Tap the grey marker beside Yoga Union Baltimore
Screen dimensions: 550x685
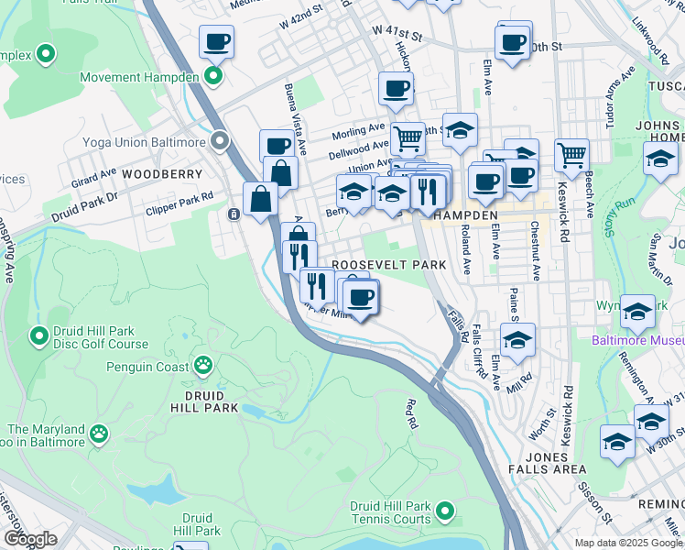[220, 142]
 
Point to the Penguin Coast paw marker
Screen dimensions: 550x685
[203, 366]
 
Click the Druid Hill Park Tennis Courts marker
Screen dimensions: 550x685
[445, 510]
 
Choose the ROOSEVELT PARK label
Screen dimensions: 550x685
[389, 264]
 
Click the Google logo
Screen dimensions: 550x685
[30, 539]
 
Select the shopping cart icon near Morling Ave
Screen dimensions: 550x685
[408, 139]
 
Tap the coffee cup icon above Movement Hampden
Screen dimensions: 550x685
[216, 41]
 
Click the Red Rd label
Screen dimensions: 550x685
[412, 413]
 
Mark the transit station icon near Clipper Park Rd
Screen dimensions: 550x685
[234, 214]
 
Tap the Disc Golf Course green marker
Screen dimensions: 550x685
[39, 336]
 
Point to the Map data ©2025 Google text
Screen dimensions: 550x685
[628, 542]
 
